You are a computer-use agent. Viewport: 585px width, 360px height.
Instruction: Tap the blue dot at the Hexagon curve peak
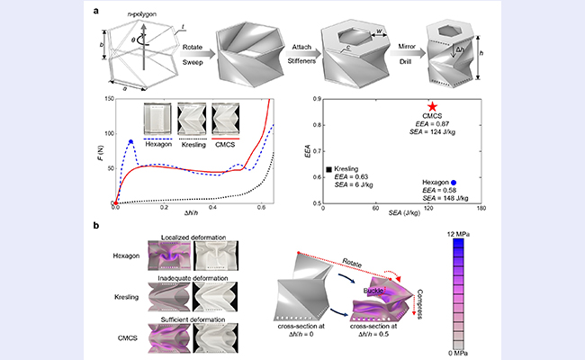[131, 141]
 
